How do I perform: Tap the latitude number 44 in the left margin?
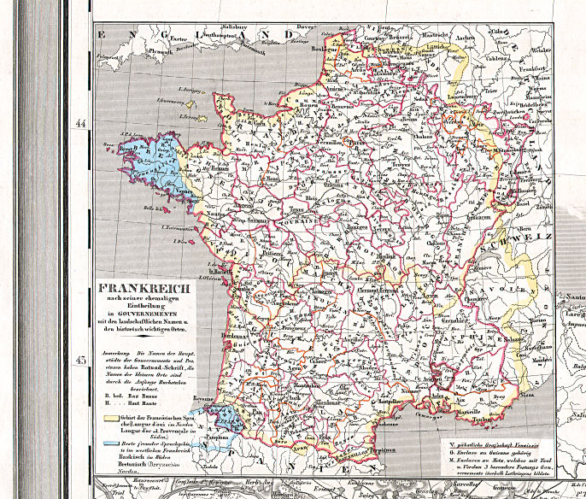(x=81, y=124)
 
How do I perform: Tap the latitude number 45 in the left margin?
(x=81, y=360)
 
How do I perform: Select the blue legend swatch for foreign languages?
(x=111, y=445)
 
